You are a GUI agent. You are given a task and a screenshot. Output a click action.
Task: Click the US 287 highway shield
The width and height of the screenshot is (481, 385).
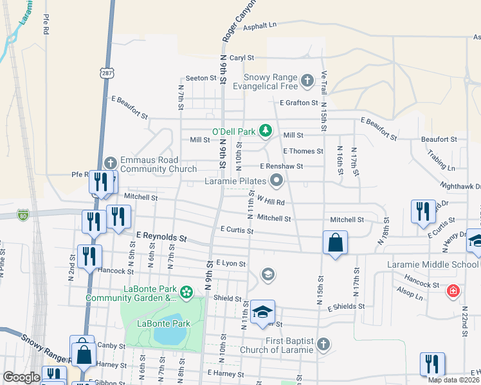[106, 74]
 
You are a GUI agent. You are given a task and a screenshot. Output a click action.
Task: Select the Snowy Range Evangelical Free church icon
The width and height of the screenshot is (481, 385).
[307, 81]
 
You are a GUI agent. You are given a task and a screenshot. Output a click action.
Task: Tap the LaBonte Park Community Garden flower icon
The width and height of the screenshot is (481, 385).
[186, 293]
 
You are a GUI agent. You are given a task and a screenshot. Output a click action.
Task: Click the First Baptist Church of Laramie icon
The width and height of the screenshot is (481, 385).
[323, 345]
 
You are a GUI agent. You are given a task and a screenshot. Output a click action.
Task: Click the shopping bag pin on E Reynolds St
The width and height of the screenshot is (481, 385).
[335, 243]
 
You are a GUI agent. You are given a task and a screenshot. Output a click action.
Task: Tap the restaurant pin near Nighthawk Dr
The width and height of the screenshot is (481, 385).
[422, 212]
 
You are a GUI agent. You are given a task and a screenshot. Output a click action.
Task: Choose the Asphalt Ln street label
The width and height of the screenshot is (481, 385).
[260, 25]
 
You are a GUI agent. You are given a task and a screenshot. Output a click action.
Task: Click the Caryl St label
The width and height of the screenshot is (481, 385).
[242, 57]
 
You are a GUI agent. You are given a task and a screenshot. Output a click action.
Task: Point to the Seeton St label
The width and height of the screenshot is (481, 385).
[201, 78]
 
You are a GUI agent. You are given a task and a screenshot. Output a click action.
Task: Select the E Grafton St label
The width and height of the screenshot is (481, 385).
[299, 103]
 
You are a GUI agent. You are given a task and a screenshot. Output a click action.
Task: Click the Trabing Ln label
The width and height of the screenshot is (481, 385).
[442, 167]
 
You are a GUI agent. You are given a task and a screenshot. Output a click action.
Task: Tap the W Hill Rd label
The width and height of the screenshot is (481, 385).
[270, 201]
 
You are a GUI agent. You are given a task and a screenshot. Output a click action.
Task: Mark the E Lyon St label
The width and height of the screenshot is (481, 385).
[231, 263]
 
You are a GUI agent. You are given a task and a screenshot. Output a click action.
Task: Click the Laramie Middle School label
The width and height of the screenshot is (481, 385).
[433, 264]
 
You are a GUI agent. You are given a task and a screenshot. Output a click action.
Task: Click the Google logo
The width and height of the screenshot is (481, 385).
[22, 377]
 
